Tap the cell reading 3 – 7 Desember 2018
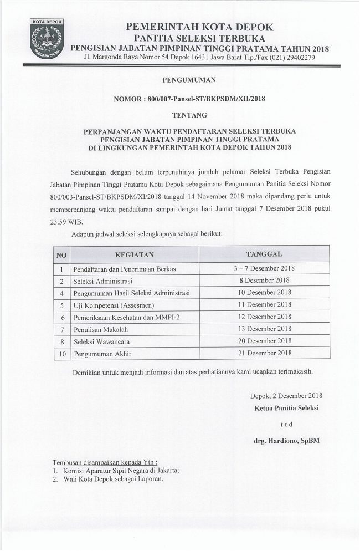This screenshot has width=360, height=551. [264, 268]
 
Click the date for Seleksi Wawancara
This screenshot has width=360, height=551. [264, 341]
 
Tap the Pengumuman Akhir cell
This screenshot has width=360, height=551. [102, 353]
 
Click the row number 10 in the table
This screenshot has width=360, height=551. [63, 353]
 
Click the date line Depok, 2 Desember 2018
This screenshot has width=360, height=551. [286, 395]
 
